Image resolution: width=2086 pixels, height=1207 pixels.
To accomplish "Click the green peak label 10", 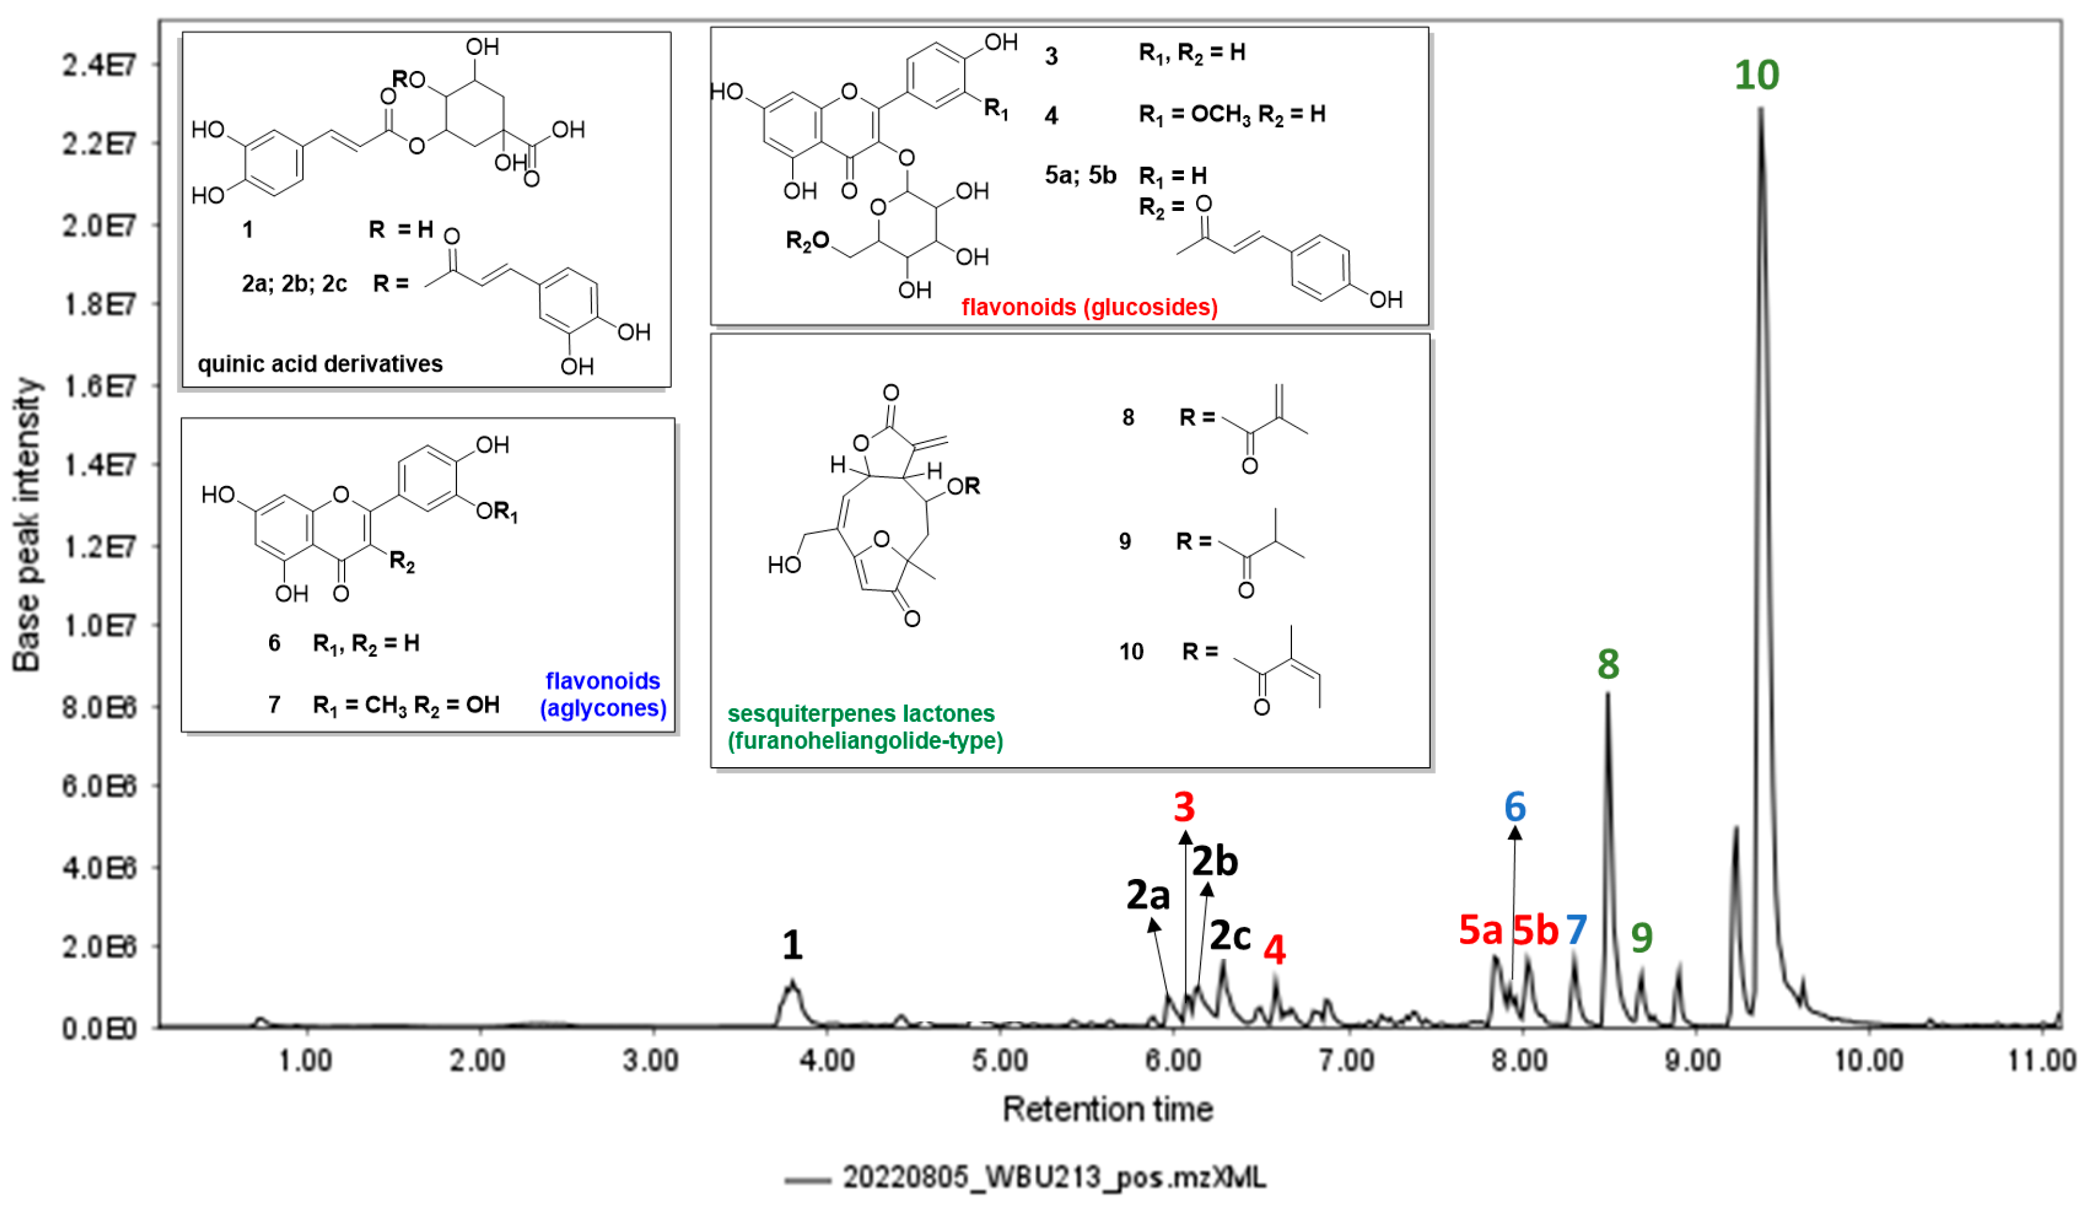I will (x=1757, y=75).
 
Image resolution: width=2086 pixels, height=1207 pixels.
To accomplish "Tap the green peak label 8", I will (x=1608, y=664).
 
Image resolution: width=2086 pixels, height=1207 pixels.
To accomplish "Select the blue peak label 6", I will (x=1515, y=807).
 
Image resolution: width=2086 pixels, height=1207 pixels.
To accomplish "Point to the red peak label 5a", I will (x=1480, y=930).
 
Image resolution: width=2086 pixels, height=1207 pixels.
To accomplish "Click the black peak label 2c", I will (x=1230, y=935).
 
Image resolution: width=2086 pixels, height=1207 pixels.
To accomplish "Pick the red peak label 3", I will (x=1185, y=807).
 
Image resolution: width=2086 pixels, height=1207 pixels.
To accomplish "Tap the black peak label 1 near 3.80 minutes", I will (x=792, y=946).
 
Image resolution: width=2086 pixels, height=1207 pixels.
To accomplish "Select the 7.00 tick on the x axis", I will (x=1348, y=1061).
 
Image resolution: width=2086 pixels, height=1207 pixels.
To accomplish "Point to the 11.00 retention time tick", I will (x=2041, y=1061).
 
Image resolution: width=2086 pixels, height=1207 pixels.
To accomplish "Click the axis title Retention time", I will (x=1107, y=1109).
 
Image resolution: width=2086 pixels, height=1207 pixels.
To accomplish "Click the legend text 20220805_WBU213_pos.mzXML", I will (x=1054, y=1177).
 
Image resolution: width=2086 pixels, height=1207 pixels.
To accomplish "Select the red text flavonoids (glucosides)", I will (x=1089, y=308).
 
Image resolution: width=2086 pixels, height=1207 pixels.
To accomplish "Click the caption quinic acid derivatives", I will (x=320, y=364).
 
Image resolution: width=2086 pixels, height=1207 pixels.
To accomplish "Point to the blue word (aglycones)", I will (x=603, y=708).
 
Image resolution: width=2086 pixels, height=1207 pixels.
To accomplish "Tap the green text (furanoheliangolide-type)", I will (x=865, y=740).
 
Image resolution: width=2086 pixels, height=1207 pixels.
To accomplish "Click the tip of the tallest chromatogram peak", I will (x=1761, y=110).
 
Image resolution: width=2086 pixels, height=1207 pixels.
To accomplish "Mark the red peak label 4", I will (x=1275, y=951).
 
